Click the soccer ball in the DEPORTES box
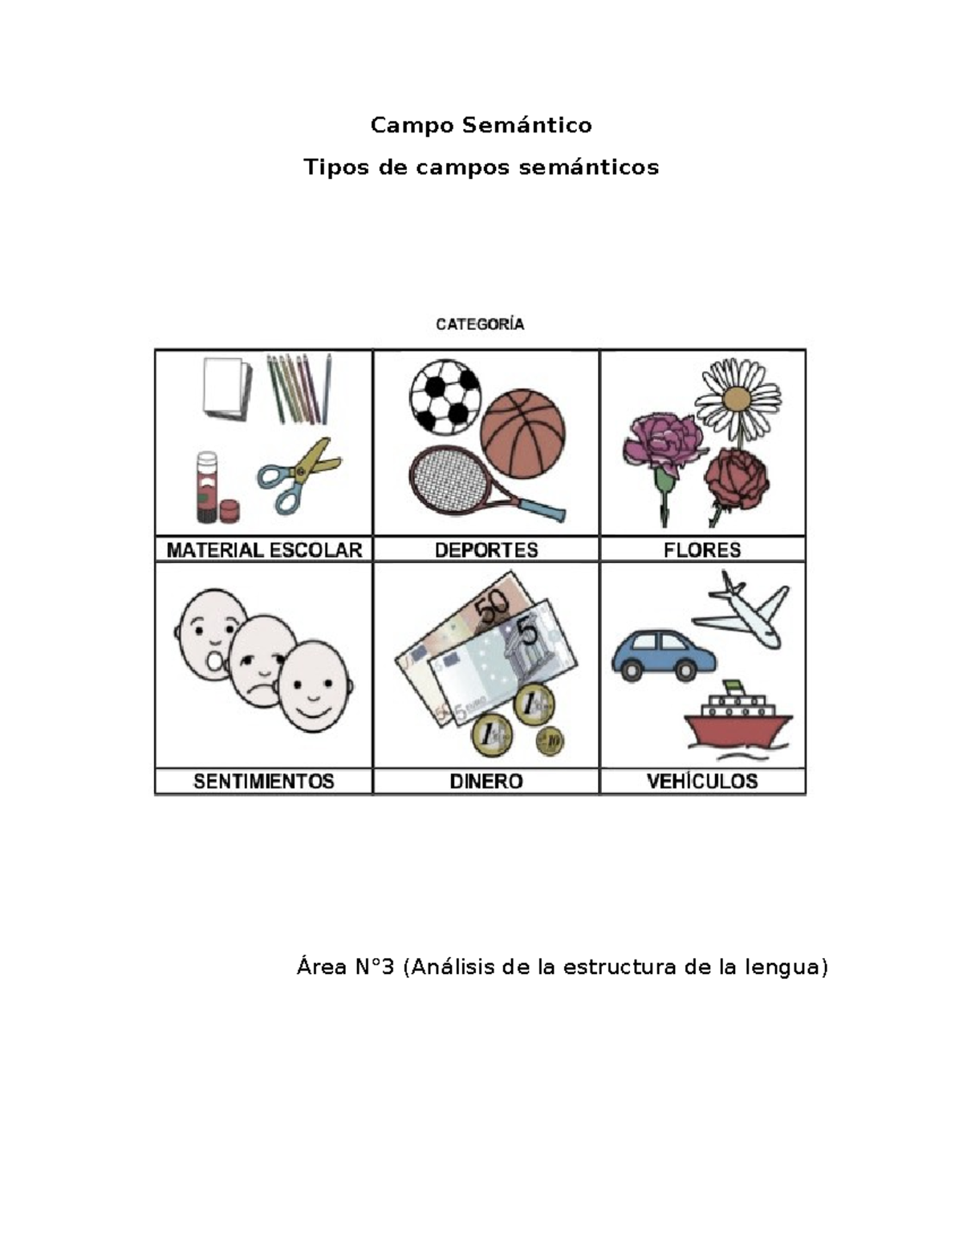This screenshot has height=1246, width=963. pos(445,397)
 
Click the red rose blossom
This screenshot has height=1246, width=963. pos(737,479)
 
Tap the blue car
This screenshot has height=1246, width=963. pos(664,655)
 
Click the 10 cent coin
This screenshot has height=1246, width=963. pos(550,741)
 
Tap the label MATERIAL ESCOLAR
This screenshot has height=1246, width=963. pos(264,550)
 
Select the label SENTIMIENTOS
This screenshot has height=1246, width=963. pos(264,781)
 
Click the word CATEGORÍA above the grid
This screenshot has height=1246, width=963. pos(480,325)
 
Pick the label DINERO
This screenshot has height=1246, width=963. pos(486,781)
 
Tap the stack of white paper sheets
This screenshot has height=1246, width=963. pos(227,389)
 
